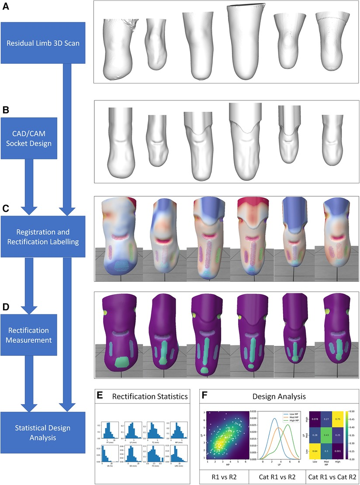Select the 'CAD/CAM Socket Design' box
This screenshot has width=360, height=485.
(35, 138)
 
